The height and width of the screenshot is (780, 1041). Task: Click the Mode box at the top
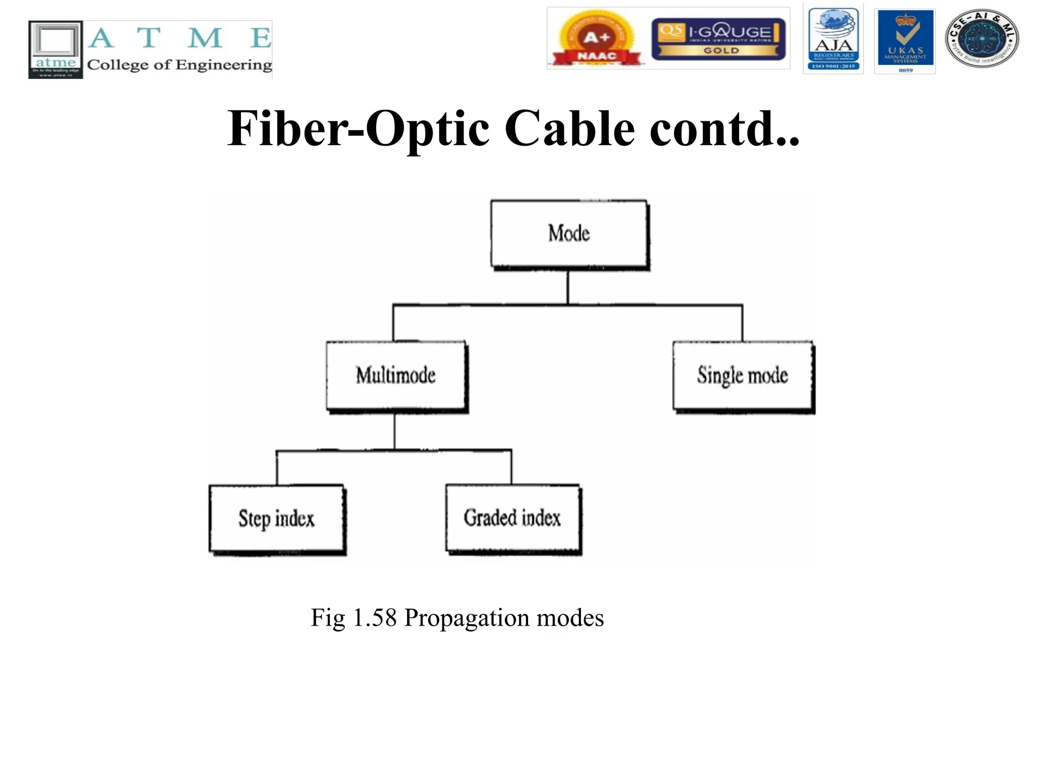569,234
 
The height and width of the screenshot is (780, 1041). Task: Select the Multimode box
396,375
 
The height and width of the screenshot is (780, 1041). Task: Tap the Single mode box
742,375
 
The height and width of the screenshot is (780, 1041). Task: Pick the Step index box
277,518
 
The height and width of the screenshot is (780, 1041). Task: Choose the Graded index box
512,518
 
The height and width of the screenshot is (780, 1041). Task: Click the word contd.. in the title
724,129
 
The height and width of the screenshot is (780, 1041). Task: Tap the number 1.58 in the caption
374,618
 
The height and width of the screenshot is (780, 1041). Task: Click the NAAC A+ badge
596,39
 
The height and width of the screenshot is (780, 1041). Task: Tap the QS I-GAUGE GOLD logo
718,39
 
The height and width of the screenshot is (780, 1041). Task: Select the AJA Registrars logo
833,39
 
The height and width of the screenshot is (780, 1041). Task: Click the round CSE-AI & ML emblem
982,39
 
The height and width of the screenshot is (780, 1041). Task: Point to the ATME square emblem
55,49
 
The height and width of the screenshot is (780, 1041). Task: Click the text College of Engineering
179,65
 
